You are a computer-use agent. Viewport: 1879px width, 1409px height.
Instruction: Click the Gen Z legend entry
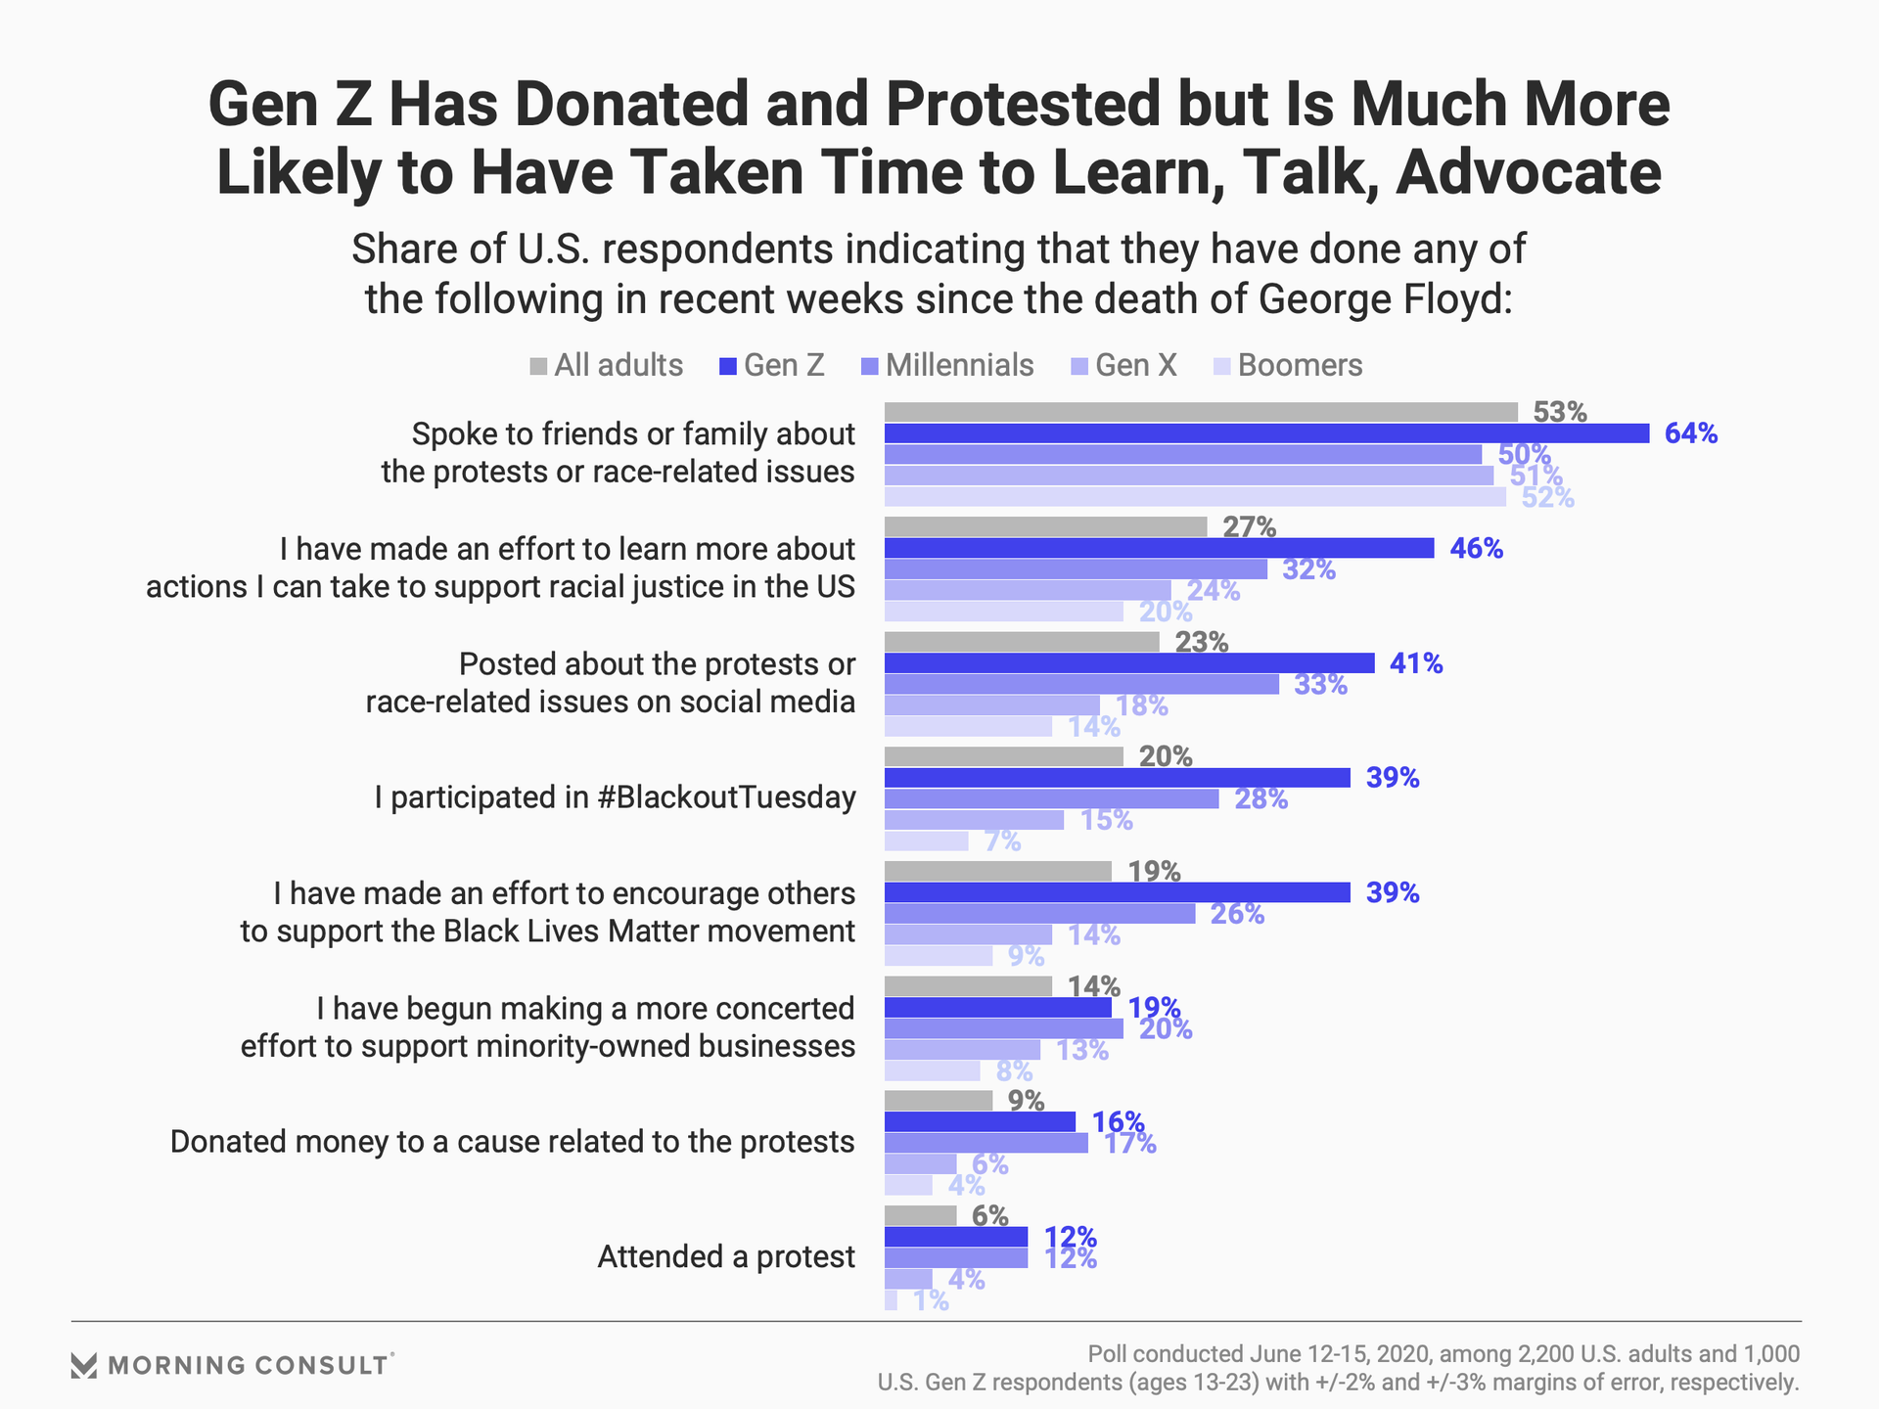tap(772, 366)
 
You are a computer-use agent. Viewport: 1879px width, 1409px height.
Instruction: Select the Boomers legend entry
tap(1288, 366)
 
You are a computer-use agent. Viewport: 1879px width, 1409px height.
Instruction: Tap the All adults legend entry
tap(607, 366)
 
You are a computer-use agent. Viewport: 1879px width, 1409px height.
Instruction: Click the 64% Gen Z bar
tap(1266, 433)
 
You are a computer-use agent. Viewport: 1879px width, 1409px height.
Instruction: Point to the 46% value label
tap(1476, 549)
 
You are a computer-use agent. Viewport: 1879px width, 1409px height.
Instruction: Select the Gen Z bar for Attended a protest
tap(956, 1237)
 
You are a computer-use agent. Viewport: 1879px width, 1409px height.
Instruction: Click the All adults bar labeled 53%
tap(1201, 412)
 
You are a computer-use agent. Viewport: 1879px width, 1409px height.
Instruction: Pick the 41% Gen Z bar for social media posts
tap(1129, 663)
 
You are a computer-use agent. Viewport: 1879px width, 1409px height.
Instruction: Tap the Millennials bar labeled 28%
tap(1052, 799)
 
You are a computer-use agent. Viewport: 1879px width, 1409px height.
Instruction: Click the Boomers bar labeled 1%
tap(891, 1300)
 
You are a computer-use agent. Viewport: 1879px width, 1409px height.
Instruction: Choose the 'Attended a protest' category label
tap(726, 1256)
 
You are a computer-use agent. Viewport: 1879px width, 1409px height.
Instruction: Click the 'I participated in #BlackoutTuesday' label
tap(615, 797)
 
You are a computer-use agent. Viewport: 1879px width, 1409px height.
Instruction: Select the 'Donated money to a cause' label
tap(513, 1142)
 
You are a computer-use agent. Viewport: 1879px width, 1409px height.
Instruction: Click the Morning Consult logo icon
tap(84, 1366)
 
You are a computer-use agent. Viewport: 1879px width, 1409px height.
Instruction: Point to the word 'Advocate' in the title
tap(1528, 172)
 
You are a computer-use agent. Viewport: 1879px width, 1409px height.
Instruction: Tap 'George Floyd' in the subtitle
tap(1386, 299)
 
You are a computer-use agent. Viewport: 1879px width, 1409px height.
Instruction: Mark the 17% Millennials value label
tap(1129, 1143)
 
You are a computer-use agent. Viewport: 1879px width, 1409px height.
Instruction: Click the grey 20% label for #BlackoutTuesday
tap(1166, 756)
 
